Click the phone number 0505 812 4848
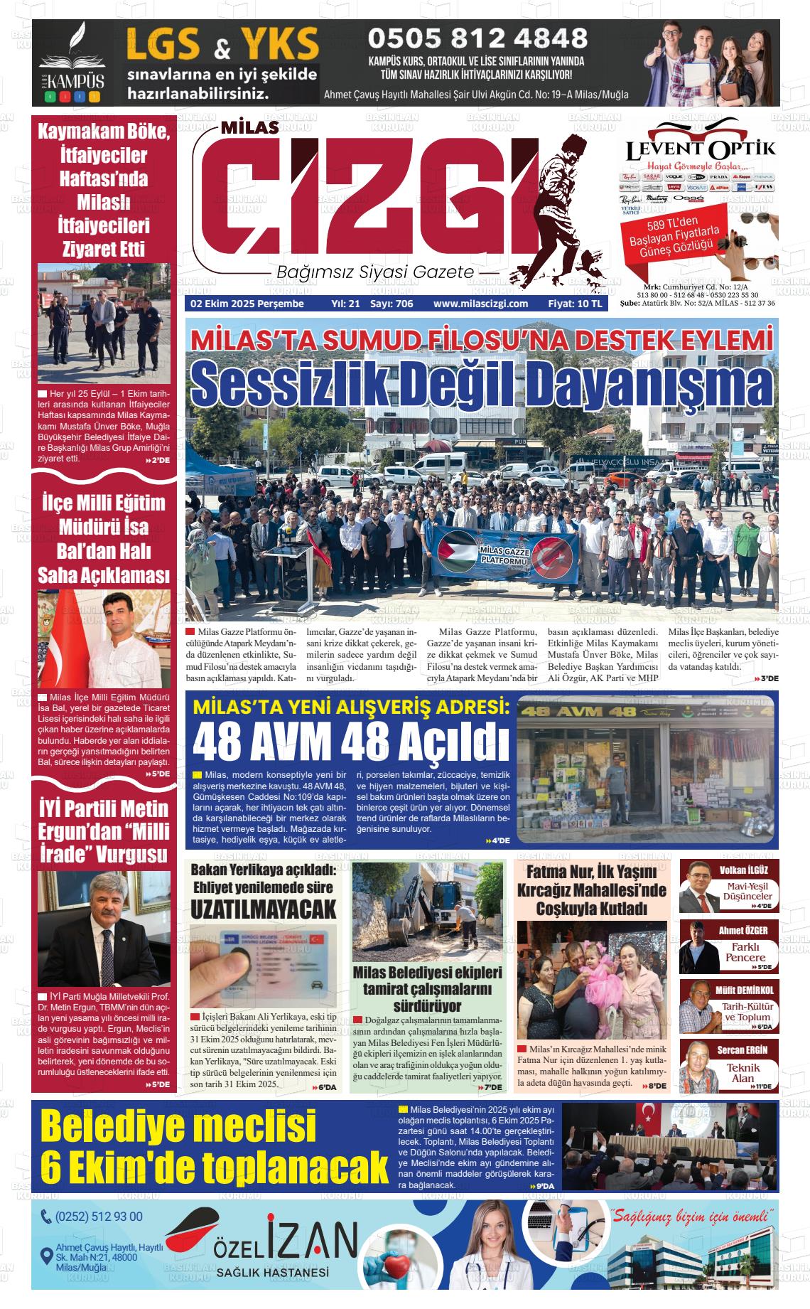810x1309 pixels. click(477, 38)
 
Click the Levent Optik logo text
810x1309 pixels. click(701, 151)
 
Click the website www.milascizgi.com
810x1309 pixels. click(480, 304)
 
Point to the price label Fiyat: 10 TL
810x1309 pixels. click(575, 304)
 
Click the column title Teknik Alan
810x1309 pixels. click(743, 1073)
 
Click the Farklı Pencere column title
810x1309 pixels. click(745, 952)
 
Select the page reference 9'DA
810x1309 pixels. click(545, 1187)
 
